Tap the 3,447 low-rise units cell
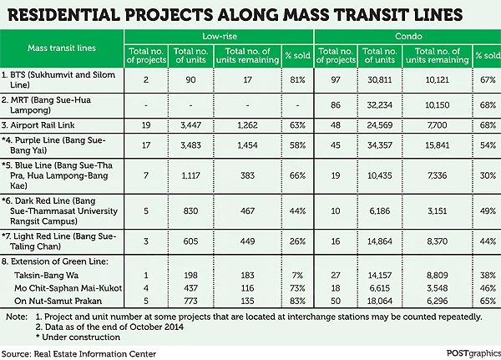click(x=190, y=127)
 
